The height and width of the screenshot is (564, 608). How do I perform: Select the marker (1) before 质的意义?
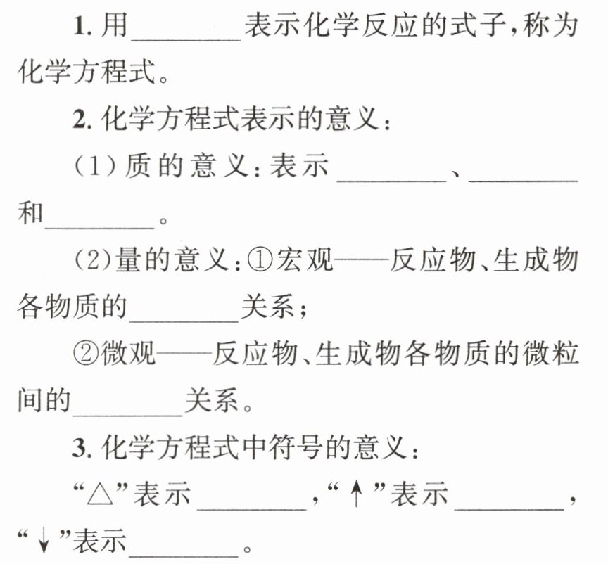point(90,168)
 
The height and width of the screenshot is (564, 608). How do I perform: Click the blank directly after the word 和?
point(99,219)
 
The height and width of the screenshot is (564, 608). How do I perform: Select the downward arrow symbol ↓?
point(44,542)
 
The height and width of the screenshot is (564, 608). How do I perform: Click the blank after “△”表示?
point(254,500)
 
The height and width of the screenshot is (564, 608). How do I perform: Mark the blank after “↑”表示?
point(509,500)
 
